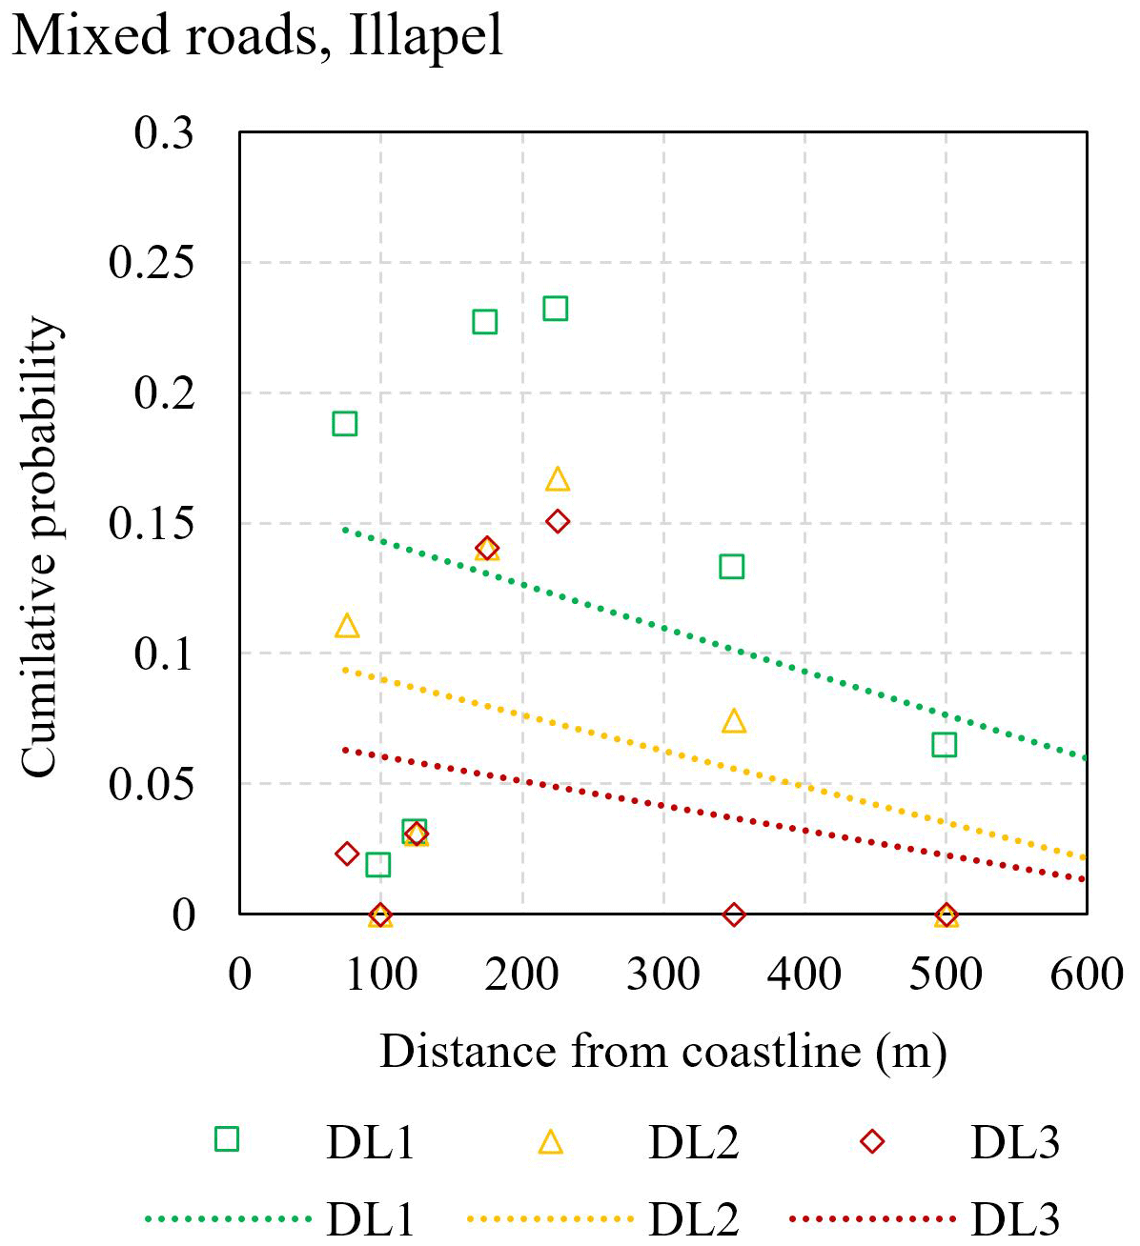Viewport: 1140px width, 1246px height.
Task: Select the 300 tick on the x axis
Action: (663, 975)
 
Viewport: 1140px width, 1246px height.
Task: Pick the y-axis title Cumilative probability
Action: (40, 548)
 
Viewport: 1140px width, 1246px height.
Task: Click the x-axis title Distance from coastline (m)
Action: (663, 1052)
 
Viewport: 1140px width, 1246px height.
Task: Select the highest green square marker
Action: (556, 309)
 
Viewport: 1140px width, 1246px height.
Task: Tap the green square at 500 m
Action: (945, 744)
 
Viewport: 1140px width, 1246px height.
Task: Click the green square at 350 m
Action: (731, 567)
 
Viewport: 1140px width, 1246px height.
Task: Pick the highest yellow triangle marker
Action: (558, 479)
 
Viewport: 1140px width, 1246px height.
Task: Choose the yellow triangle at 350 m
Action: (733, 721)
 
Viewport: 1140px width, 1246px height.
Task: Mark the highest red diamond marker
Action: (558, 521)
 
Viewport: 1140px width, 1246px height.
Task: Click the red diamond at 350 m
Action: (733, 914)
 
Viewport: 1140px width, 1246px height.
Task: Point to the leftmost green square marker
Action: (345, 424)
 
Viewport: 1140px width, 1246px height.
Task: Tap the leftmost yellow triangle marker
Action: (347, 626)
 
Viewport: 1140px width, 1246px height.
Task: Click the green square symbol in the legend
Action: (227, 1139)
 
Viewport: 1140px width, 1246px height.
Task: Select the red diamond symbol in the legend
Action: (872, 1141)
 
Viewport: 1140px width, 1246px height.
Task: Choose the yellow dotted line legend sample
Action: (551, 1218)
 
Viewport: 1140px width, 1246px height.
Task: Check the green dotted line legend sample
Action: (229, 1218)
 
